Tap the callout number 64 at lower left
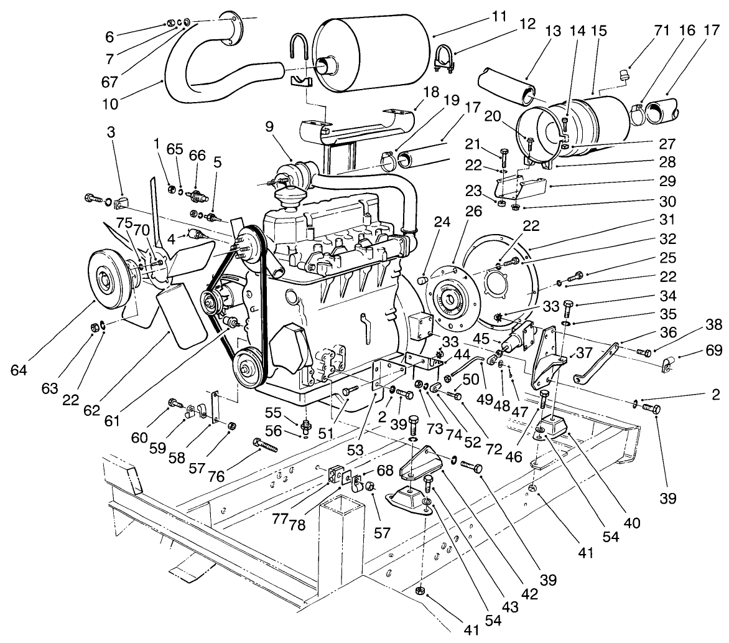(x=19, y=370)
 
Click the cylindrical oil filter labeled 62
(x=180, y=319)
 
